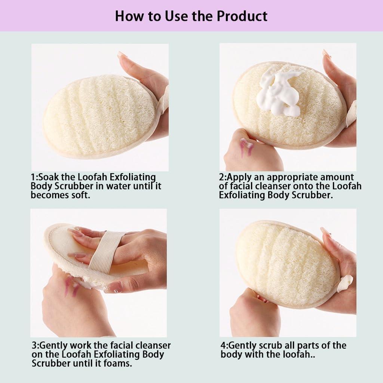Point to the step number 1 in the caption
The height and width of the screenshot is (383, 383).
pos(33,177)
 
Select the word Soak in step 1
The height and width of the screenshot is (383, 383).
pos(48,177)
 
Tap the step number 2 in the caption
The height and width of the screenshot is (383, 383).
pos(222,177)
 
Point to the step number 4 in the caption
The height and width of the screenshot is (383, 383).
pos(223,345)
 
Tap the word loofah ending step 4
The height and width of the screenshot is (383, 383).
pos(297,354)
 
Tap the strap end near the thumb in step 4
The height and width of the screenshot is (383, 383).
pos(344,283)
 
